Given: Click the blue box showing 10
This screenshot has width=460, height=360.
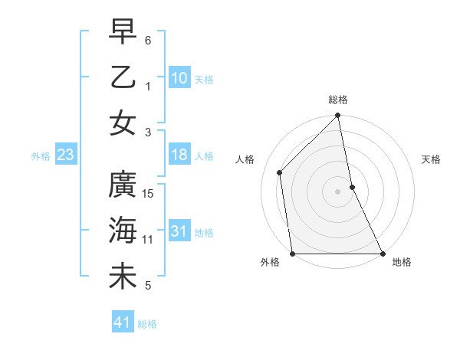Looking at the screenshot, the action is (x=179, y=77).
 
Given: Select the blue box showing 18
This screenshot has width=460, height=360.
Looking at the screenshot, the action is (x=179, y=155).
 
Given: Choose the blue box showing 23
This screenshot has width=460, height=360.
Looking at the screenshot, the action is (x=66, y=155).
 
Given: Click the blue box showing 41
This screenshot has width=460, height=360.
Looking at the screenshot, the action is (x=123, y=322).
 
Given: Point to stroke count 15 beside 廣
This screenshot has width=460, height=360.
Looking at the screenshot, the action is (x=149, y=193).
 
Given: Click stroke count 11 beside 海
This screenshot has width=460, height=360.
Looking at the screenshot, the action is (x=148, y=240).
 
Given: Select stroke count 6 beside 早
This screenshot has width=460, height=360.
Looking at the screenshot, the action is (x=148, y=39).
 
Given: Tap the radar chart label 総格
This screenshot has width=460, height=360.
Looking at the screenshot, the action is (x=338, y=100).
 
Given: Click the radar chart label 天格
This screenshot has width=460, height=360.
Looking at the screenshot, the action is (x=432, y=159).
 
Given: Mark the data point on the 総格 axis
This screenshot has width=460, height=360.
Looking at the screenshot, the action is (x=338, y=116).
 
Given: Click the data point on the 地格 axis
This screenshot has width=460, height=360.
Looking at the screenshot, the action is (x=383, y=253).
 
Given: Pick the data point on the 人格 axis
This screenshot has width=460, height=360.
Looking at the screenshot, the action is (x=280, y=172).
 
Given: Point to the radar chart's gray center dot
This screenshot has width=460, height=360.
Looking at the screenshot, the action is (x=338, y=191).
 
